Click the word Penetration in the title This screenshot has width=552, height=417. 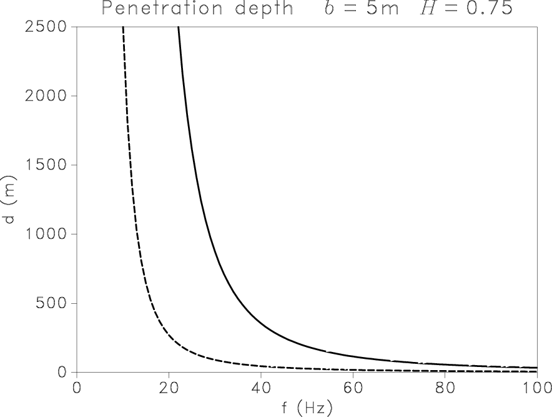click(155, 9)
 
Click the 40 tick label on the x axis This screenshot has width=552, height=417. click(260, 388)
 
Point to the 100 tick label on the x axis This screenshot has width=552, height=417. click(536, 388)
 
